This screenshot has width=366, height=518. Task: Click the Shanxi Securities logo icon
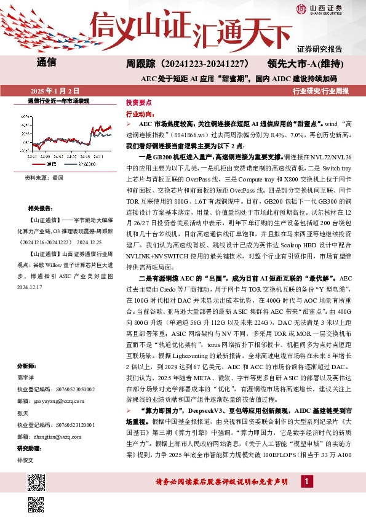(302, 9)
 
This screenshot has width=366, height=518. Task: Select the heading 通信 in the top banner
(47, 62)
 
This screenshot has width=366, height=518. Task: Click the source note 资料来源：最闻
(44, 178)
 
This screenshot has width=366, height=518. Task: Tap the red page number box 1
(305, 498)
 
